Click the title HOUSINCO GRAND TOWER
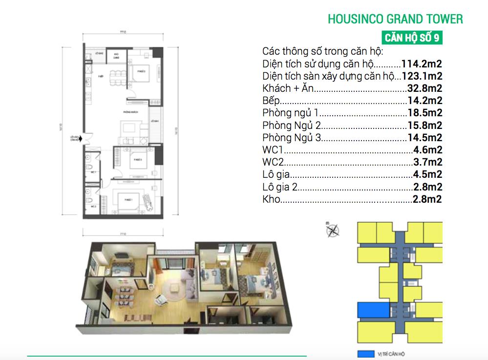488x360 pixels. click(395, 19)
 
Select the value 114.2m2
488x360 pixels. click(422, 64)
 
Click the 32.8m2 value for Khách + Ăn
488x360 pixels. click(424, 89)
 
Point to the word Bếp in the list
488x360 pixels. click(272, 101)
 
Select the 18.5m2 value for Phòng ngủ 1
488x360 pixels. click(424, 113)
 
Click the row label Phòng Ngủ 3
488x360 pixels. click(292, 138)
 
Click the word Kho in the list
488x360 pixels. click(271, 199)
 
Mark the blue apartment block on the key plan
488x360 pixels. click(373, 310)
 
